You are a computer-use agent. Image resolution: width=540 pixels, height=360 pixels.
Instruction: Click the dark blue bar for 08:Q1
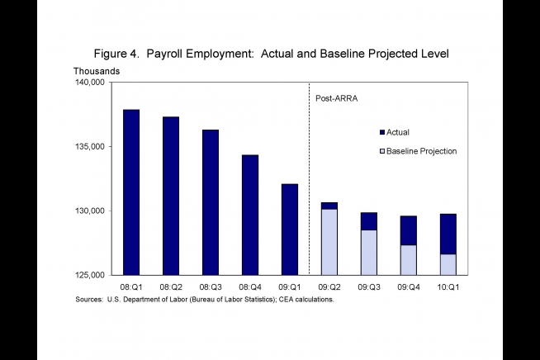click(x=131, y=192)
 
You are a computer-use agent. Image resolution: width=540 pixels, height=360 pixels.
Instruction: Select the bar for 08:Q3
click(x=211, y=202)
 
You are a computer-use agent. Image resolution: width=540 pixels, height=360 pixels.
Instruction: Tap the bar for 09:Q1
click(x=290, y=230)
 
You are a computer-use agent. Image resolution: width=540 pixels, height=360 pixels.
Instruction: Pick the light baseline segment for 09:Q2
click(x=329, y=242)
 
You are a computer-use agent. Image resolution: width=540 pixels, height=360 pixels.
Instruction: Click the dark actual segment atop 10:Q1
click(x=448, y=234)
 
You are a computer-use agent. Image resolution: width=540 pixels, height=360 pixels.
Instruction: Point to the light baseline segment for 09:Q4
click(x=409, y=260)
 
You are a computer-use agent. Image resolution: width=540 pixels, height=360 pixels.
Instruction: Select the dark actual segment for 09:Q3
click(x=369, y=221)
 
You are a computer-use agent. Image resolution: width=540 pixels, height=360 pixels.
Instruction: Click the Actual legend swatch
click(x=382, y=132)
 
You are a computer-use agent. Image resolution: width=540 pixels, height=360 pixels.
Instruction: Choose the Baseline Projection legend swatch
click(x=382, y=151)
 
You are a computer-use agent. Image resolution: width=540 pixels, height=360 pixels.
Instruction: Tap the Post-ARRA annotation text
click(x=336, y=98)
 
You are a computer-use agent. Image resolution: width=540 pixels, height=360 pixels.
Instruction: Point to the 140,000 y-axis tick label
click(x=89, y=83)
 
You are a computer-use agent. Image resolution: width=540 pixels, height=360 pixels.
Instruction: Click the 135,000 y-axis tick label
click(x=89, y=147)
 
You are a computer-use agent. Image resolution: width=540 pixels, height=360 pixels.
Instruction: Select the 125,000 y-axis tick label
click(x=89, y=275)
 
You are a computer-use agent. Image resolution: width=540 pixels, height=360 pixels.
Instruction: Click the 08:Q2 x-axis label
click(x=171, y=287)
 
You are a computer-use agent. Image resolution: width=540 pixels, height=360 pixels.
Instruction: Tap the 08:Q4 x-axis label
click(x=250, y=287)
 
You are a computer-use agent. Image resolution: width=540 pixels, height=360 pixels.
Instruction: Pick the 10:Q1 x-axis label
click(x=448, y=287)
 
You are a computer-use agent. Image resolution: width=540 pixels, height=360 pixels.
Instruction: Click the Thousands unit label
click(x=97, y=71)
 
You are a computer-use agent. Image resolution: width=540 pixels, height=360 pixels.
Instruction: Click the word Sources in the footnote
click(x=89, y=300)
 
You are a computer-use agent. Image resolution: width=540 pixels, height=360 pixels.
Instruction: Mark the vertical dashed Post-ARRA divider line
click(x=309, y=179)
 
